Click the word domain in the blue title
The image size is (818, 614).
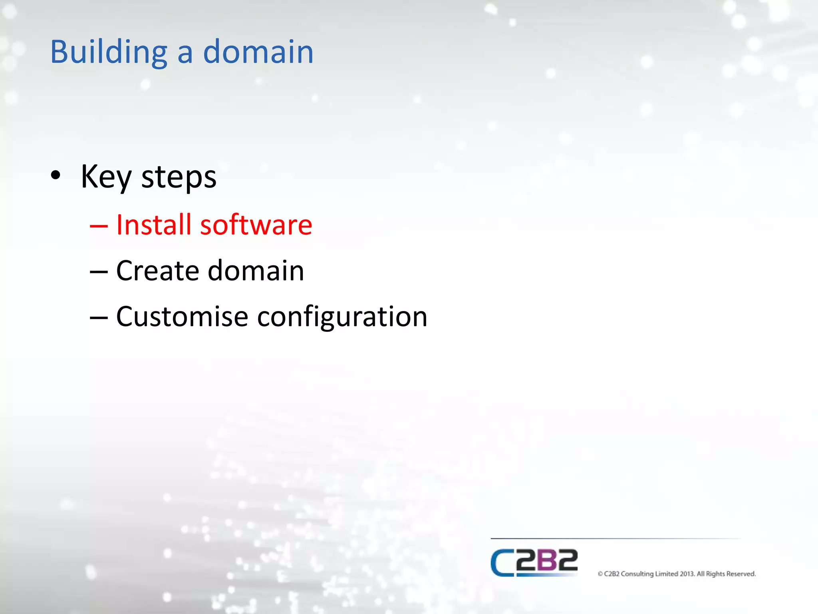(258, 52)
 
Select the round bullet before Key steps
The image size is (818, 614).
(56, 175)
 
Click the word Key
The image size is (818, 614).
(106, 177)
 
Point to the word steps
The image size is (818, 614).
(179, 178)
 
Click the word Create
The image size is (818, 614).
(157, 271)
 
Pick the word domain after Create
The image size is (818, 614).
(256, 271)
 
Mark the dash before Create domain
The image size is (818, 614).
(99, 272)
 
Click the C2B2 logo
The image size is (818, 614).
(534, 562)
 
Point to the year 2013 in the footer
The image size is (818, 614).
(687, 574)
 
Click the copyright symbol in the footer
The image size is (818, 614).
(600, 574)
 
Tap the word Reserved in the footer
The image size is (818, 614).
(741, 574)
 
